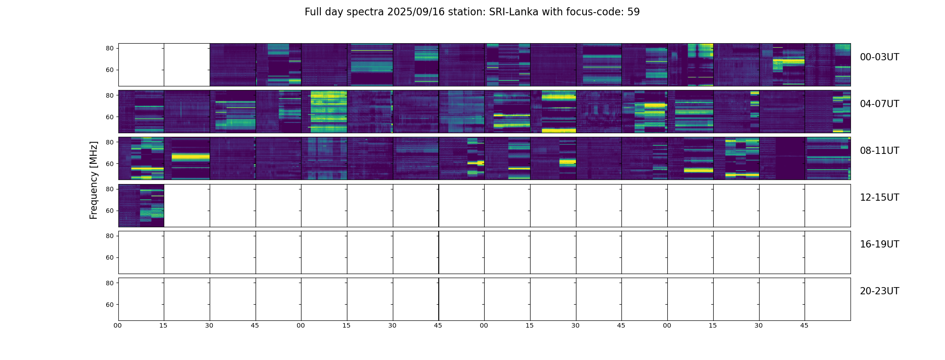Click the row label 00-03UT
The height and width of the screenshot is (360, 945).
pos(879,57)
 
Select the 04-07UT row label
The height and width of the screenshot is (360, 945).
pos(879,104)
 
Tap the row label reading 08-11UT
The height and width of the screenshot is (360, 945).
pos(879,151)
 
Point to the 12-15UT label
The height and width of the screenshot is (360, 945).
pos(879,198)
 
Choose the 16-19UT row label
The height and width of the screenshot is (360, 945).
pos(879,244)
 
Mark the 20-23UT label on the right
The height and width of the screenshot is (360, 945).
pos(879,291)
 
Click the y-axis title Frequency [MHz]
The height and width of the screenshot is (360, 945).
pos(94,180)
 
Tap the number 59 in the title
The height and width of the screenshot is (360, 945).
pos(634,12)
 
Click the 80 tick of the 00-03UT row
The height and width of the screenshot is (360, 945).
pos(109,48)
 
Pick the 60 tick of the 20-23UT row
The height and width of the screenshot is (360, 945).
pos(109,305)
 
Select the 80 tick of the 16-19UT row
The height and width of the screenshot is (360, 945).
pos(109,236)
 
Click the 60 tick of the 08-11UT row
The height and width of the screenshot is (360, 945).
pos(109,164)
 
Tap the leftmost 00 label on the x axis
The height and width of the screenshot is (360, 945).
pos(117,325)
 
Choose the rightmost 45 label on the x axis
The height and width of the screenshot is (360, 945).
pos(804,325)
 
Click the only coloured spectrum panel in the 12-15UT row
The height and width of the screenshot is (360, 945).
pos(141,206)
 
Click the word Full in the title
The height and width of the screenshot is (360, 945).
pos(313,12)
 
